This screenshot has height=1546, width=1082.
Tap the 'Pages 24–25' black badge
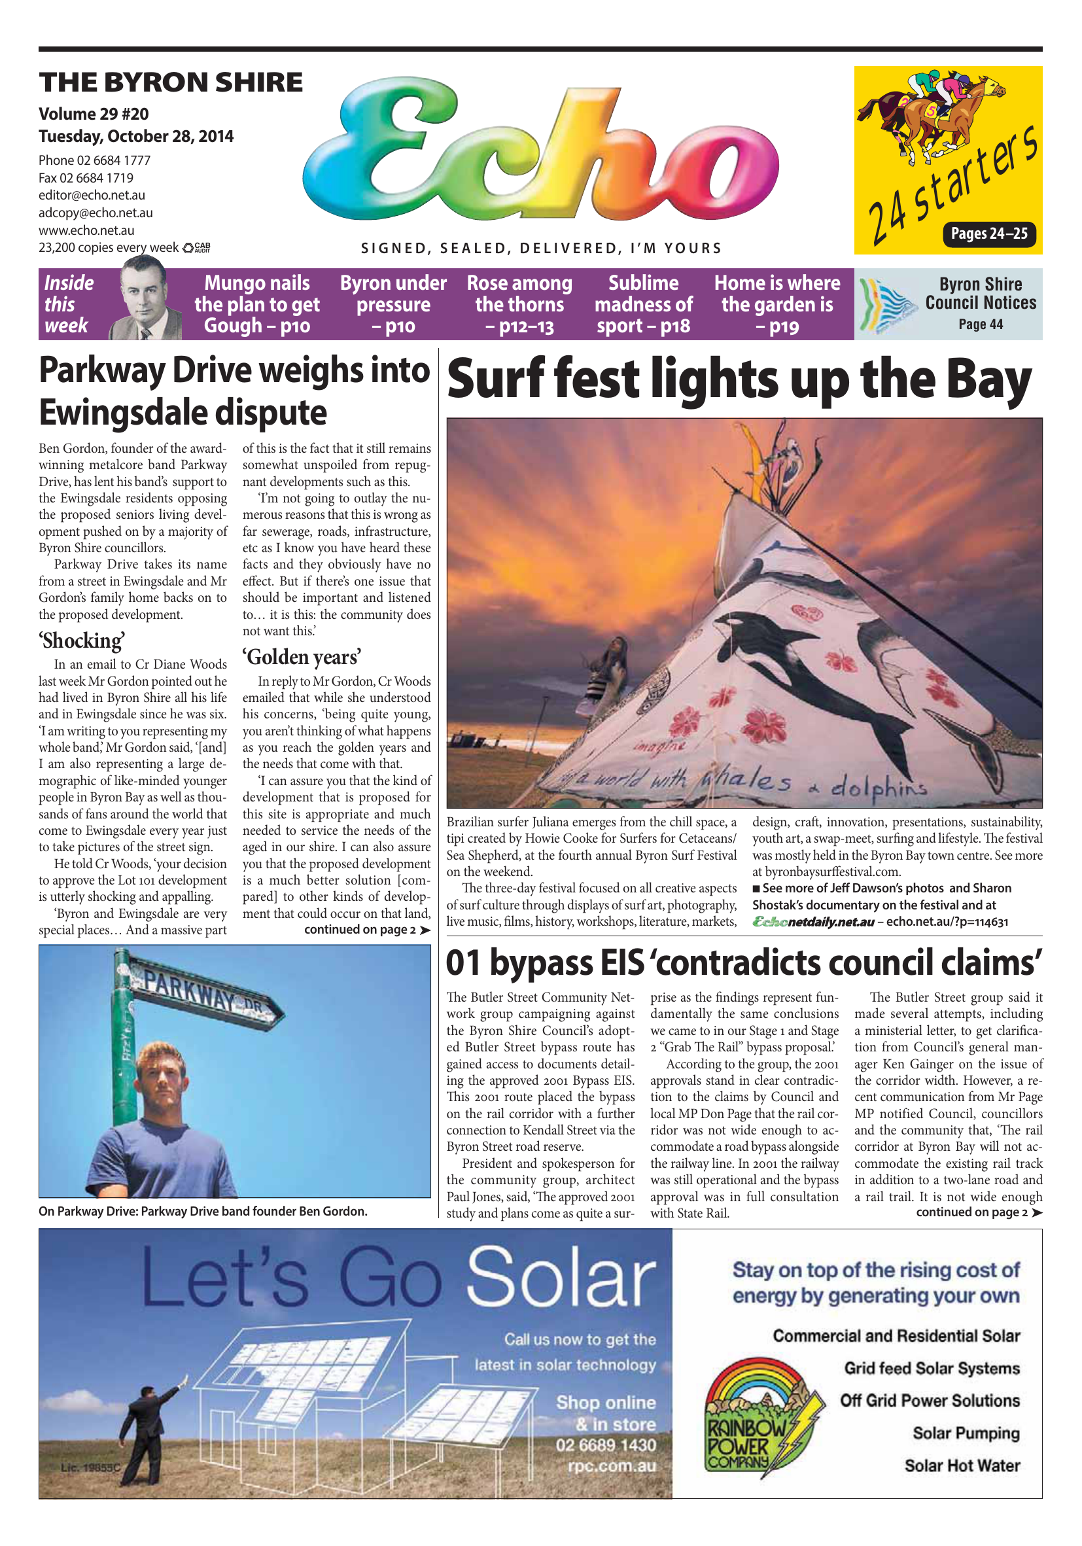(988, 234)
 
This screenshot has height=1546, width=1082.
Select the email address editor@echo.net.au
(92, 195)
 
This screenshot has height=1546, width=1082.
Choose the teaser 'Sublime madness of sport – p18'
(643, 304)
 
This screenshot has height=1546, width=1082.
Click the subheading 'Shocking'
(82, 641)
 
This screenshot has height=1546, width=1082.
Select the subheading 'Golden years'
(302, 656)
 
